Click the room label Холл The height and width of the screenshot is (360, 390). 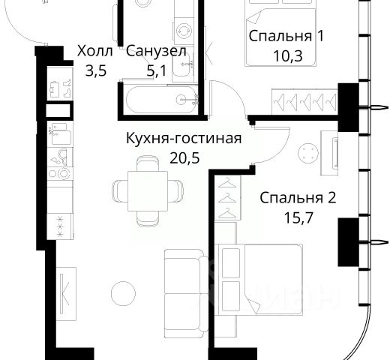pyautogui.click(x=95, y=51)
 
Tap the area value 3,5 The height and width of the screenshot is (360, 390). pyautogui.click(x=96, y=70)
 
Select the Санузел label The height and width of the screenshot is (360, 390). pyautogui.click(x=156, y=51)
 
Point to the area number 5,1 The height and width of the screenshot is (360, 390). pyautogui.click(x=157, y=70)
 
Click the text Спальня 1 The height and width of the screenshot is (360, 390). pyautogui.click(x=286, y=36)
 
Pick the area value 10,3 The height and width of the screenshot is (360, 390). pyautogui.click(x=288, y=56)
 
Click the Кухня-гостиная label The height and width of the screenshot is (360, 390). pyautogui.click(x=184, y=138)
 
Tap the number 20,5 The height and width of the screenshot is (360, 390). pyautogui.click(x=184, y=157)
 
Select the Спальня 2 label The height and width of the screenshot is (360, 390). pyautogui.click(x=298, y=198)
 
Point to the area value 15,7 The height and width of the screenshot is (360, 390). pyautogui.click(x=298, y=217)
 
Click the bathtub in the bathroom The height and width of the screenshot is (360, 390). pyautogui.click(x=162, y=100)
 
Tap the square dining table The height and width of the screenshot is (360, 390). pyautogui.click(x=148, y=191)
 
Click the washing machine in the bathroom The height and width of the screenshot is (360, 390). pyautogui.click(x=184, y=31)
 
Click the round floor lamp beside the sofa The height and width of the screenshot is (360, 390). pyautogui.click(x=123, y=293)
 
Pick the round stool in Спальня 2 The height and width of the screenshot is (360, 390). pyautogui.click(x=308, y=153)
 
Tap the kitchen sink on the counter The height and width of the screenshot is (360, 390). pyautogui.click(x=59, y=133)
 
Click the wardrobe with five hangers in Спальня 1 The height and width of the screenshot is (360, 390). pyautogui.click(x=305, y=102)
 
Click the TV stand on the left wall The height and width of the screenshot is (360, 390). pyautogui.click(x=66, y=294)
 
